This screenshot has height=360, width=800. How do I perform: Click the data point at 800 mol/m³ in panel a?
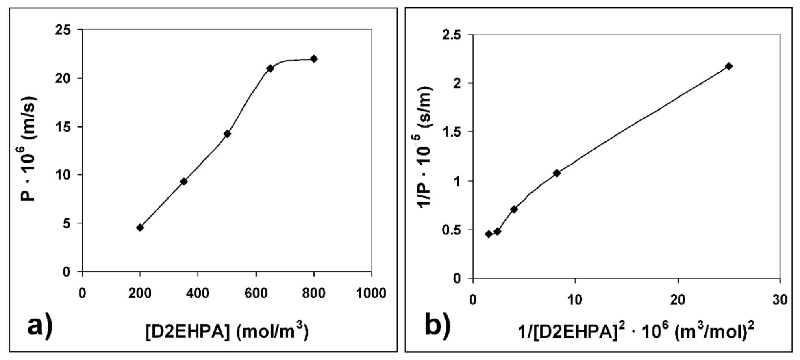click(313, 59)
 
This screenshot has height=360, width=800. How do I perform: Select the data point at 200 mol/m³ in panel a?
click(140, 228)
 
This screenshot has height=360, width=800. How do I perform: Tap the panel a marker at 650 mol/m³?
click(270, 68)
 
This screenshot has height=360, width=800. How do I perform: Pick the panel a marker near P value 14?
click(227, 134)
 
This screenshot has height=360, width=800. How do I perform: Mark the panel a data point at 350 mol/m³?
click(184, 182)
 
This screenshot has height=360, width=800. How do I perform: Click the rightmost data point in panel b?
click(729, 66)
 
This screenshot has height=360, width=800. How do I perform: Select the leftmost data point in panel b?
click(489, 234)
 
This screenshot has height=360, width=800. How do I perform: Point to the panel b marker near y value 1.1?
click(557, 173)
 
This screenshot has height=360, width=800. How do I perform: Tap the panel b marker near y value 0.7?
click(514, 209)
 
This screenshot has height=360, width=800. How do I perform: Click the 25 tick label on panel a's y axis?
click(63, 30)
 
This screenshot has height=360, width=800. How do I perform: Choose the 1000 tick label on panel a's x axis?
click(371, 293)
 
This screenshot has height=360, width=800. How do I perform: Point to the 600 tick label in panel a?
click(256, 293)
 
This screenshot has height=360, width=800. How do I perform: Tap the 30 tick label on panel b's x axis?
click(780, 300)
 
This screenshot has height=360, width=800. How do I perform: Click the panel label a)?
click(39, 326)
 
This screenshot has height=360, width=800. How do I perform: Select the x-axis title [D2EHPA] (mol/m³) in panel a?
click(227, 332)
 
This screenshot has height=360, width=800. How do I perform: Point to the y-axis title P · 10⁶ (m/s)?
click(29, 150)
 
